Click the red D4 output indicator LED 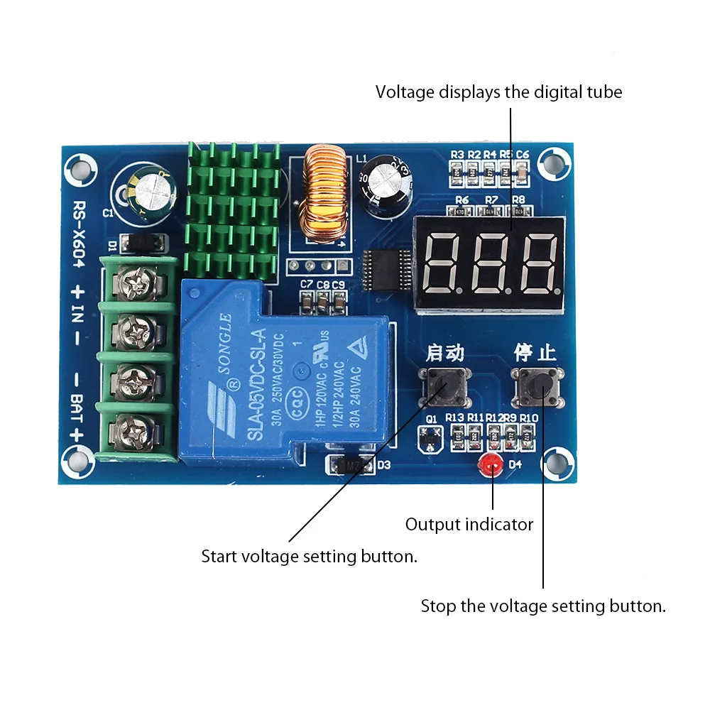click(488, 466)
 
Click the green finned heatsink click(231, 209)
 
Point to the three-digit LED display click(490, 263)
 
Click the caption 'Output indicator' click(469, 525)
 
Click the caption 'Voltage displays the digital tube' click(498, 92)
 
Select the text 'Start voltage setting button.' click(309, 557)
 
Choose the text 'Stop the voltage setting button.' click(543, 606)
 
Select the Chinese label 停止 click(535, 352)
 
